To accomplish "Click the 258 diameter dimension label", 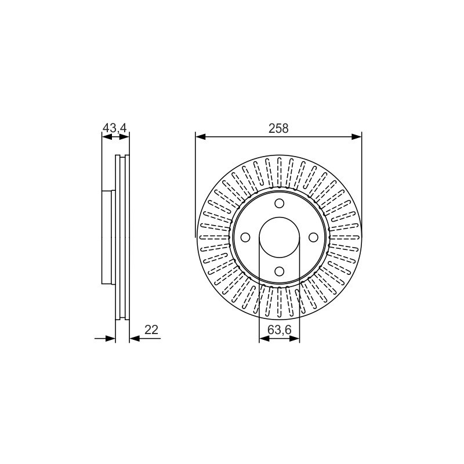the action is pyautogui.click(x=278, y=129).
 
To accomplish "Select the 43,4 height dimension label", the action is pyautogui.click(x=114, y=128).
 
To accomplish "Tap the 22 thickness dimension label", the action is pyautogui.click(x=151, y=329).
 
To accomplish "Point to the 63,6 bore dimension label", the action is pyautogui.click(x=280, y=329).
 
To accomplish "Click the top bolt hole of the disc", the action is pyautogui.click(x=279, y=204).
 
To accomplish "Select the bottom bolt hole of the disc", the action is pyautogui.click(x=279, y=271).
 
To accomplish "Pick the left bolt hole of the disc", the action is pyautogui.click(x=245, y=237).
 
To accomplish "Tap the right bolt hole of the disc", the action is pyautogui.click(x=313, y=237).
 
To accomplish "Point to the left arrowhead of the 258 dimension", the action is pyautogui.click(x=200, y=136).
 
